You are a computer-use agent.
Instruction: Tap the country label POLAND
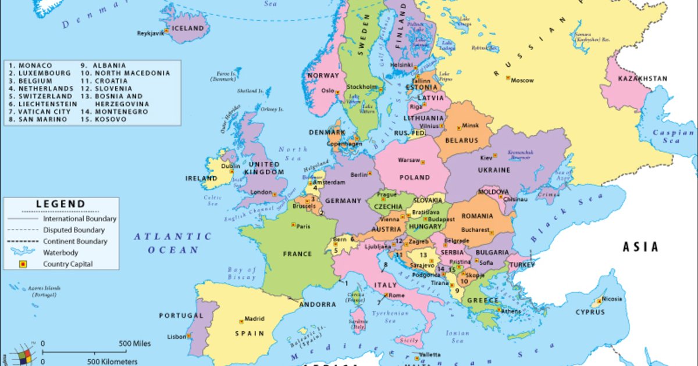point(415,177)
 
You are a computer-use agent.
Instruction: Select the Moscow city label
point(522,80)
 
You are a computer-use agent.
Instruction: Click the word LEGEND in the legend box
point(60,204)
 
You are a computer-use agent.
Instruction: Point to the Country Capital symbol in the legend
point(23,264)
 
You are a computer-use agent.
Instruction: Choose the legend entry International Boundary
point(79,219)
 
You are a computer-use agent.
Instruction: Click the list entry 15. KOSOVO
point(104,119)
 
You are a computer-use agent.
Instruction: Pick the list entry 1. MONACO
point(31,66)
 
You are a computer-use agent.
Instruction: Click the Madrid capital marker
point(241,321)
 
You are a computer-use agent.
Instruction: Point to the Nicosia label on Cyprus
point(611,299)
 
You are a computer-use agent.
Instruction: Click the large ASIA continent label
point(640,247)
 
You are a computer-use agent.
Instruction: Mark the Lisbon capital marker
point(188,336)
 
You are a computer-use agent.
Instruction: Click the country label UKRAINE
point(494,170)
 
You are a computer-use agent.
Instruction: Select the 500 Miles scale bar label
point(135,343)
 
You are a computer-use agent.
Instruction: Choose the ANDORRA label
point(318,304)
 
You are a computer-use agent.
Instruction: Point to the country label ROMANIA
point(477,216)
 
